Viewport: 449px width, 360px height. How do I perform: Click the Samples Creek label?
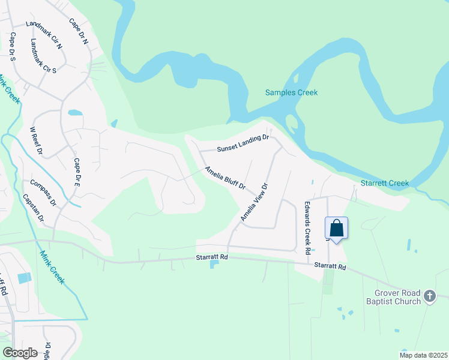(x=291, y=92)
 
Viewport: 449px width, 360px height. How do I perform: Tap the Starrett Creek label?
(x=385, y=183)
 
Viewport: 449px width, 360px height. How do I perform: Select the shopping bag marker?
(x=336, y=228)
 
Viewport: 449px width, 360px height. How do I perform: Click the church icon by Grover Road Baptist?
(x=430, y=296)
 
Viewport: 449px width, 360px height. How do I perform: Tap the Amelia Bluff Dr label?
(x=225, y=178)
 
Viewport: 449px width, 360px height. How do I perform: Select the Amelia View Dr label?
(x=253, y=202)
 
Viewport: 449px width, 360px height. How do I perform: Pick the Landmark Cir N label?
(x=44, y=34)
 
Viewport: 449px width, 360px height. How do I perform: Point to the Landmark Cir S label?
(x=43, y=56)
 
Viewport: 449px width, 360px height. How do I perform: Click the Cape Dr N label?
(x=79, y=31)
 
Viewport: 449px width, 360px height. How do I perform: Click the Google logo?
(x=20, y=352)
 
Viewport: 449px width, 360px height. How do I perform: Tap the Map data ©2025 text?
(x=423, y=355)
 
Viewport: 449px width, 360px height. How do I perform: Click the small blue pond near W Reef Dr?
(x=75, y=112)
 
